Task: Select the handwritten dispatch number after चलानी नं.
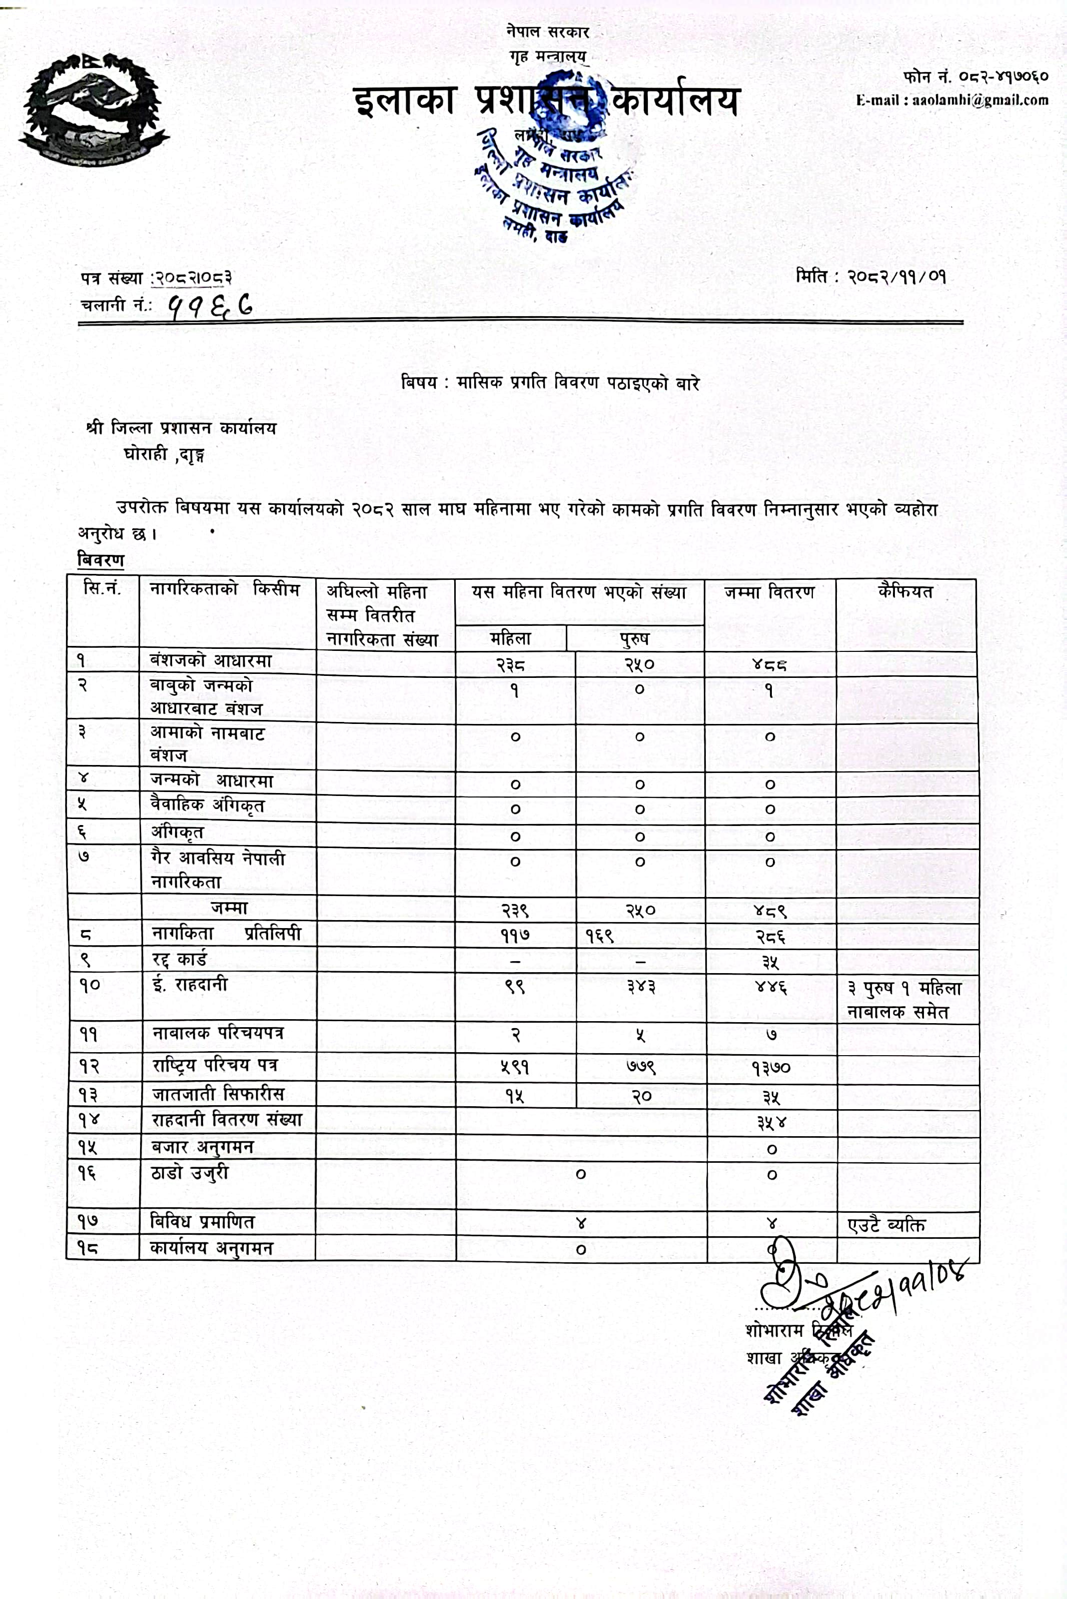pyautogui.click(x=211, y=306)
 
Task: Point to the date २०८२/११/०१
pyautogui.click(x=896, y=277)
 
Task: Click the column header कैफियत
pyautogui.click(x=905, y=591)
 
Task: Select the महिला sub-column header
pyautogui.click(x=510, y=638)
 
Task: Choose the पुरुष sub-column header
pyautogui.click(x=634, y=638)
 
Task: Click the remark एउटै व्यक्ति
pyautogui.click(x=886, y=1225)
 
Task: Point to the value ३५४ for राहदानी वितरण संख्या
pyautogui.click(x=771, y=1122)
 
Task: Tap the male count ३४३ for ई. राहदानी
pyautogui.click(x=640, y=986)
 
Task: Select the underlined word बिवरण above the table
pyautogui.click(x=101, y=560)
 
